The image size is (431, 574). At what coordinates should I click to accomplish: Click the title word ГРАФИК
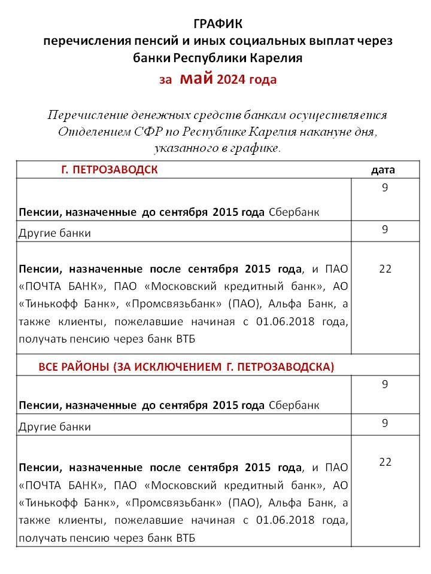click(218, 24)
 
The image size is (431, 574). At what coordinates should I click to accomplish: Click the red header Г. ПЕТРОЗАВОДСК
click(110, 170)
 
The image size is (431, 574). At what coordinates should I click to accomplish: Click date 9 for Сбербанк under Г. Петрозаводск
click(385, 188)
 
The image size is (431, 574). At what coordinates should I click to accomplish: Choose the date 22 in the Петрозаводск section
click(385, 268)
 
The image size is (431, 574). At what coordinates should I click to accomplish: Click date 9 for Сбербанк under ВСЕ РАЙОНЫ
click(385, 384)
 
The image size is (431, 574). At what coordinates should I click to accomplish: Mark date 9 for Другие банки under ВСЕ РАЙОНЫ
click(385, 423)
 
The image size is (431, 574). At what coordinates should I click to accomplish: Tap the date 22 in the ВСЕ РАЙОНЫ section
click(385, 462)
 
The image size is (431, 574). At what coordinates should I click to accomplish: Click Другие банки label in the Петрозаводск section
click(55, 233)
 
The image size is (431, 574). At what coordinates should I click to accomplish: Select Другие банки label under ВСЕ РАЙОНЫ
click(55, 427)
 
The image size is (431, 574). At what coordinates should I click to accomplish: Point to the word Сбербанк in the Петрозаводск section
click(294, 212)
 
